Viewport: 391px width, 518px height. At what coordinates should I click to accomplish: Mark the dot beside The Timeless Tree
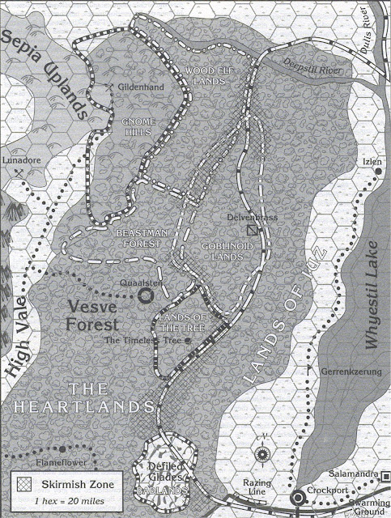tap(188, 341)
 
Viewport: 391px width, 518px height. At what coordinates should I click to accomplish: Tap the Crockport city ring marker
tap(296, 496)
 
